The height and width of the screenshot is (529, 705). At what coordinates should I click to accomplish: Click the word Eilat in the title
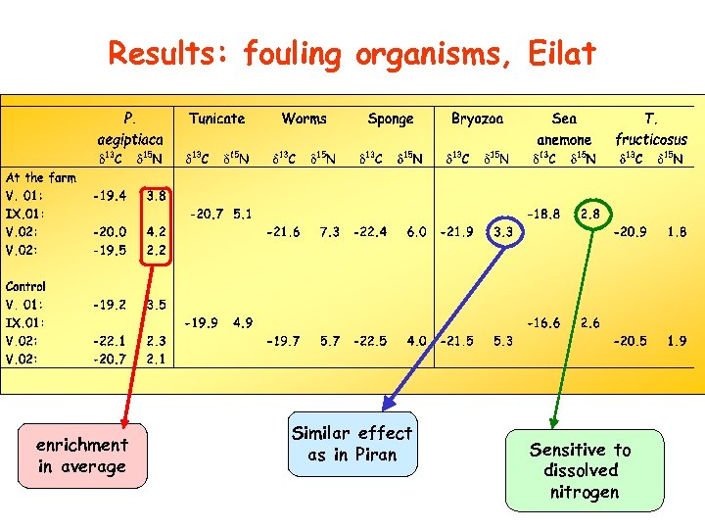(559, 53)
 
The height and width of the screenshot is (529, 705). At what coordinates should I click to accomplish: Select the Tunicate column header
(217, 119)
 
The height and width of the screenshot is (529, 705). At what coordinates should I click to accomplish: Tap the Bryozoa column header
(478, 119)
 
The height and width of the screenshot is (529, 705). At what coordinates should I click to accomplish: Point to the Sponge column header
(391, 119)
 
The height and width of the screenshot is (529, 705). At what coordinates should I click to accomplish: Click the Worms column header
(305, 119)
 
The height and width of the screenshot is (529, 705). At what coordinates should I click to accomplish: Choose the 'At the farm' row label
(40, 177)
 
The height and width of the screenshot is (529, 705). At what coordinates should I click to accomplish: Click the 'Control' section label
(25, 286)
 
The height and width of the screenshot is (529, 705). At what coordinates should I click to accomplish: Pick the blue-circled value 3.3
(503, 232)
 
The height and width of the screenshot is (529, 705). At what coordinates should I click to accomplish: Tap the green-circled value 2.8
(590, 213)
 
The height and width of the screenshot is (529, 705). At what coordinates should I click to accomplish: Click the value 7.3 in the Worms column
(330, 232)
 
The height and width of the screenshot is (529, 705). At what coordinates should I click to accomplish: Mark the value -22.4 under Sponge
(370, 232)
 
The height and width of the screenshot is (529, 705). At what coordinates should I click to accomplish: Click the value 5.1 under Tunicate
(242, 213)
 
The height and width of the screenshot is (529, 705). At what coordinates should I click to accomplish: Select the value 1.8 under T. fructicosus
(677, 232)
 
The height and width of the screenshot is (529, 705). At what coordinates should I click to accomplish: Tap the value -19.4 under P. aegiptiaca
(109, 195)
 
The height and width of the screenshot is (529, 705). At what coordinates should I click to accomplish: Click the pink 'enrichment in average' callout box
(82, 456)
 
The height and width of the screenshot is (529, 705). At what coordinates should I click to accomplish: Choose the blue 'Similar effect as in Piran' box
(352, 444)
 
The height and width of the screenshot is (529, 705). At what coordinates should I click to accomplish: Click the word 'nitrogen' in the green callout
(585, 492)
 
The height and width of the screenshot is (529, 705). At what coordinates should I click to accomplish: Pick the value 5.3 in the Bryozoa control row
(503, 341)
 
